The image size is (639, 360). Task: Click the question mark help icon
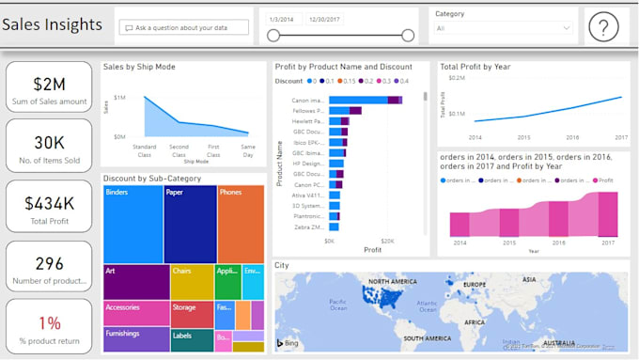[x=603, y=28]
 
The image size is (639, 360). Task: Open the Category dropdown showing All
[x=503, y=28]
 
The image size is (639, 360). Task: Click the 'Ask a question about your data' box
[x=184, y=28]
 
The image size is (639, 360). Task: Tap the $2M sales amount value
[x=49, y=85]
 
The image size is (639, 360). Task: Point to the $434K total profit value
[x=49, y=202]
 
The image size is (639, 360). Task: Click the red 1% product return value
[x=49, y=322]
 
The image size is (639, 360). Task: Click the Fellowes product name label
[x=308, y=111]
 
